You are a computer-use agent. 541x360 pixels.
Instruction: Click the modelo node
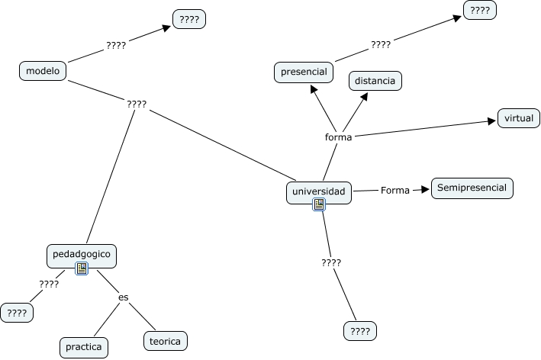click(43, 71)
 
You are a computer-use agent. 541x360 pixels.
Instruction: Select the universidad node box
click(319, 191)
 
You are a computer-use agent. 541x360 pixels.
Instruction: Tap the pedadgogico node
click(82, 253)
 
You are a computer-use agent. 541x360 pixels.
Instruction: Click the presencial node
click(303, 72)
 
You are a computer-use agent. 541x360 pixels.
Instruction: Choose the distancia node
click(375, 79)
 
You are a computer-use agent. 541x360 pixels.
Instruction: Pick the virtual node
click(519, 118)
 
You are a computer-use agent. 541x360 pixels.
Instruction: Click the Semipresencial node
click(472, 188)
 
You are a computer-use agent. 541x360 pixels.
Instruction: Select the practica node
click(84, 347)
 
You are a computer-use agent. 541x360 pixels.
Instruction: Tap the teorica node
click(165, 341)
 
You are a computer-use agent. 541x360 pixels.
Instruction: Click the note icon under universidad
click(319, 204)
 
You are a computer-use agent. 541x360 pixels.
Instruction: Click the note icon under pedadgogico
click(82, 268)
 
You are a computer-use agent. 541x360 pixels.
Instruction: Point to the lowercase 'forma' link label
click(338, 137)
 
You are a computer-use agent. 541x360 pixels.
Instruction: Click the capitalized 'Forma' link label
click(395, 190)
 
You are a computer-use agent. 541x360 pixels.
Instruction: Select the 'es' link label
click(123, 297)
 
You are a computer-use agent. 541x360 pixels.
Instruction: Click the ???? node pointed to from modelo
click(188, 19)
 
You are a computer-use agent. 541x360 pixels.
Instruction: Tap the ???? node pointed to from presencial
click(480, 10)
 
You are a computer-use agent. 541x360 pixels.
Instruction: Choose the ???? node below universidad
click(360, 331)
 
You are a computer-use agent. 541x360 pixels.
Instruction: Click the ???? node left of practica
click(17, 313)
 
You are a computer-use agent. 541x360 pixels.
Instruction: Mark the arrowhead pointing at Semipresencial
click(426, 190)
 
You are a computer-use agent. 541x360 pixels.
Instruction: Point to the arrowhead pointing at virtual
click(493, 121)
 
